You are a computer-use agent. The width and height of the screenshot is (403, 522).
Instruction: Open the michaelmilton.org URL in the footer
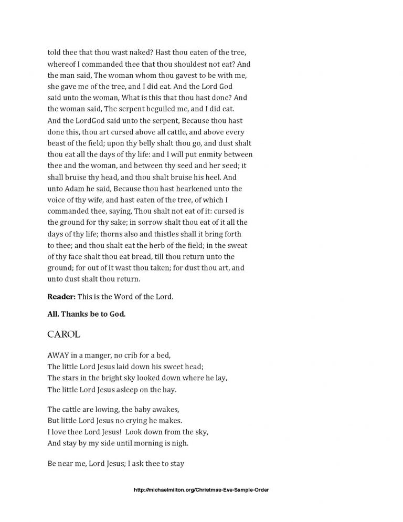pyautogui.click(x=201, y=490)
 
